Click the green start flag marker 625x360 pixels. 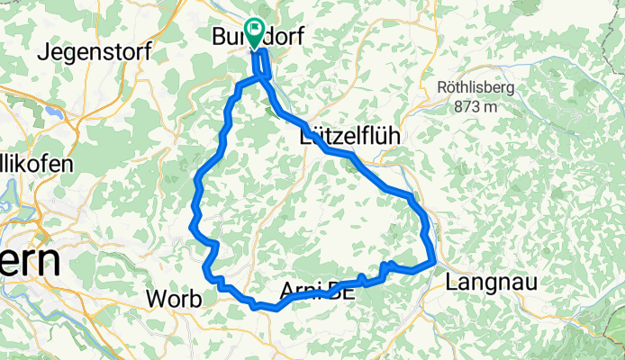(253, 32)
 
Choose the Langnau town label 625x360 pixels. (492, 282)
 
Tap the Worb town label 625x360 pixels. (174, 299)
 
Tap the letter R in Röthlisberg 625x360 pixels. (442, 87)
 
